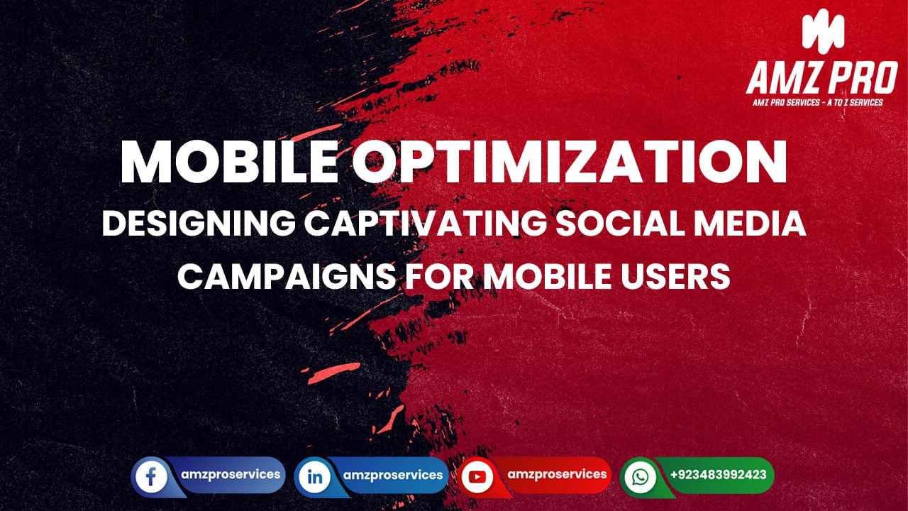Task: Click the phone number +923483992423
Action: click(x=717, y=475)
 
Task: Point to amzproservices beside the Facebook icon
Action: click(x=230, y=474)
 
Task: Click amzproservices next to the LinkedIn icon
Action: click(x=393, y=475)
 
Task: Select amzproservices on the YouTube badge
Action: click(x=558, y=473)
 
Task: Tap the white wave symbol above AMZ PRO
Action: click(x=823, y=32)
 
